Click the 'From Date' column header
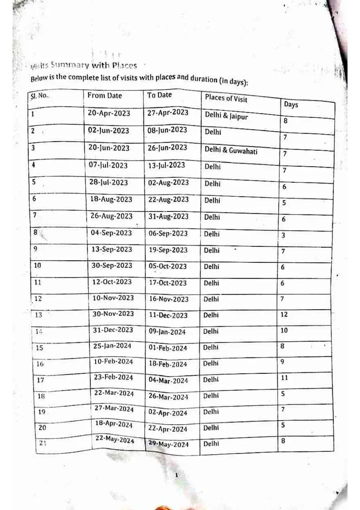coord(105,96)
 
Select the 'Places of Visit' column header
coord(226,98)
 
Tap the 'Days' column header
coord(291,105)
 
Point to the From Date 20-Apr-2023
coord(109,113)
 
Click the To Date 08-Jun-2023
coord(167,130)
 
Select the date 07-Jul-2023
coord(109,165)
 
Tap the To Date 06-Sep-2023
coord(167,233)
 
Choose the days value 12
coord(284,314)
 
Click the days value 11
coord(284,378)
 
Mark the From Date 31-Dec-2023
coord(113,330)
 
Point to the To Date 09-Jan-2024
coord(168,332)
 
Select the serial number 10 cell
coord(38,266)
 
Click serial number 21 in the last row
coord(42,443)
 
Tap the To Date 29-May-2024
coord(168,444)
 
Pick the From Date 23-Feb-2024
coord(113,377)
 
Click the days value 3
coord(283,235)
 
